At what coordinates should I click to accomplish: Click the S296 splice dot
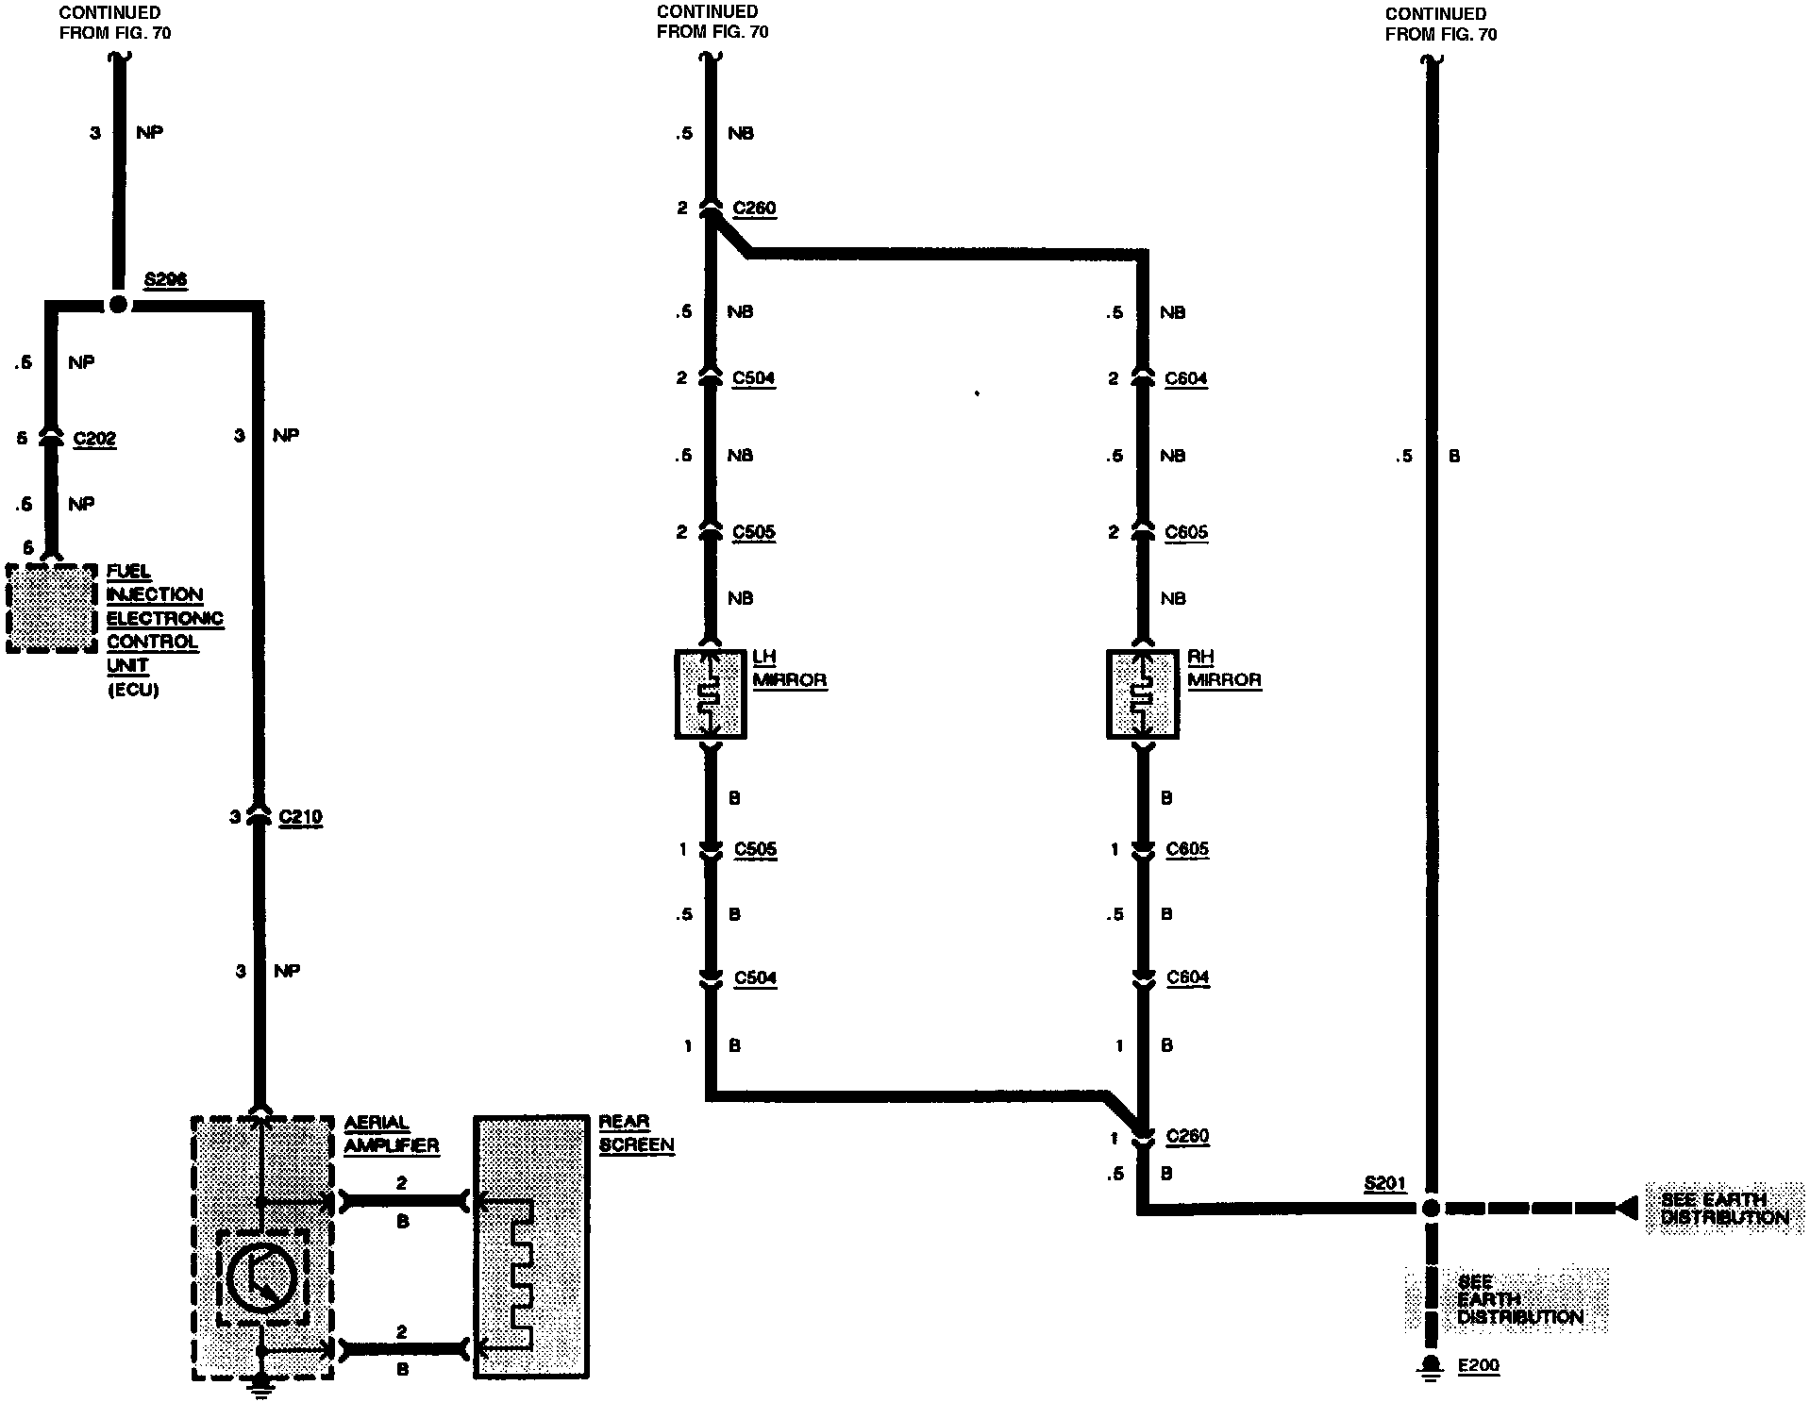pyautogui.click(x=118, y=305)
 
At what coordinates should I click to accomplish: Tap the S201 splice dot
pyautogui.click(x=1431, y=1208)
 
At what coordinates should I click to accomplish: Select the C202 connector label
pyautogui.click(x=94, y=439)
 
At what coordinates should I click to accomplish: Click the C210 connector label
pyautogui.click(x=301, y=817)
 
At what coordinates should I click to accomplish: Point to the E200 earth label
pyautogui.click(x=1478, y=1366)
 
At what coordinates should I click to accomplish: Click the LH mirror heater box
pyautogui.click(x=711, y=693)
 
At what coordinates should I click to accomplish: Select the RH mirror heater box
pyautogui.click(x=1142, y=693)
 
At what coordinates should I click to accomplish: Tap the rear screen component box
pyautogui.click(x=531, y=1247)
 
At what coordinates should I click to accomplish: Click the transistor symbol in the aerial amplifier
pyautogui.click(x=262, y=1277)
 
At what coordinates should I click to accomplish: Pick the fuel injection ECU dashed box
pyautogui.click(x=52, y=609)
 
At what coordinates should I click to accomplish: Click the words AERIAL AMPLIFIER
pyautogui.click(x=391, y=1134)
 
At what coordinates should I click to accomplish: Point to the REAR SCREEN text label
pyautogui.click(x=636, y=1133)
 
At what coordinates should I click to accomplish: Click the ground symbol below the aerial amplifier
pyautogui.click(x=262, y=1383)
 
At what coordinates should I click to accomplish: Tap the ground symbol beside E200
pyautogui.click(x=1431, y=1367)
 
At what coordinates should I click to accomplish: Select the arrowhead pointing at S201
pyautogui.click(x=1627, y=1208)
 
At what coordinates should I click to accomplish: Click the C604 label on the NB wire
pyautogui.click(x=1186, y=378)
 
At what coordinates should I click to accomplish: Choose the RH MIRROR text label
pyautogui.click(x=1224, y=668)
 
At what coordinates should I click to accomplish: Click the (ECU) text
pyautogui.click(x=132, y=690)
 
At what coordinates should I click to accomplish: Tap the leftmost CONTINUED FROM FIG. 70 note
pyautogui.click(x=115, y=23)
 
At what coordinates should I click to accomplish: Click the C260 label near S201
pyautogui.click(x=1187, y=1136)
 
